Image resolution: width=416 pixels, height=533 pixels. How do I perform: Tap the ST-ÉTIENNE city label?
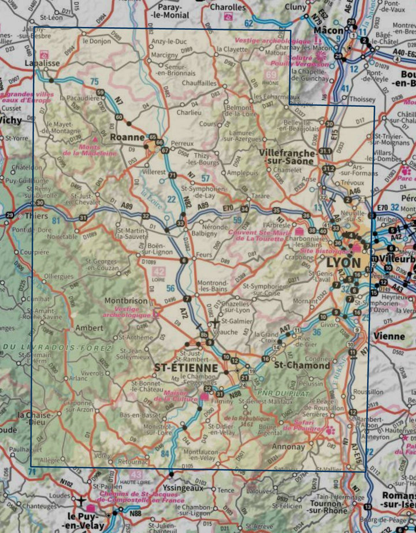[186, 368]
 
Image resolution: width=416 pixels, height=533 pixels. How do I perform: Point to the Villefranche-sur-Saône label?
[288, 157]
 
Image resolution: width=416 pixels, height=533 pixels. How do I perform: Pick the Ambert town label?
[90, 328]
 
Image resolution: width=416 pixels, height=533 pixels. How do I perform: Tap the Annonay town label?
[288, 447]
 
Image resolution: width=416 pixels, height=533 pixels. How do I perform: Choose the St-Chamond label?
[295, 365]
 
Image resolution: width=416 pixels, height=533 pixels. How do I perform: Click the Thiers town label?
[37, 216]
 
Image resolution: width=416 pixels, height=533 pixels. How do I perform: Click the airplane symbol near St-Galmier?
[215, 322]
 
